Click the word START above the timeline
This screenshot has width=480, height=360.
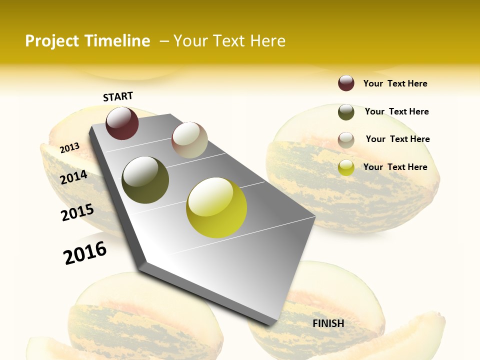point(118,96)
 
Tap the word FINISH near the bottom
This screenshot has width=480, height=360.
point(328,323)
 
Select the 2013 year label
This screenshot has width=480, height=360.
point(69,147)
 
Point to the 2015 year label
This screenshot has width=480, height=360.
point(77,212)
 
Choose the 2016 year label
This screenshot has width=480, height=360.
point(85,252)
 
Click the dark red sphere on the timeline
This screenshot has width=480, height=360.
point(122,123)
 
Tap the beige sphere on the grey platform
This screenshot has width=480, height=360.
point(189,140)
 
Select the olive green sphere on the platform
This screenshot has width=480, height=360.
point(145,180)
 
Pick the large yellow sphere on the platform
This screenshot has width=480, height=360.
point(216,207)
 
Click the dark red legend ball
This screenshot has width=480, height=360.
point(346,83)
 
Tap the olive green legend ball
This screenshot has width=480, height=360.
point(346,112)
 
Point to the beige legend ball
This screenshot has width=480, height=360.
point(346,140)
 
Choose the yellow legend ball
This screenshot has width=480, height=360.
point(346,167)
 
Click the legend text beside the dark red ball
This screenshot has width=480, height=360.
point(395,83)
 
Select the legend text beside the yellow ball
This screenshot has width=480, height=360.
point(395,167)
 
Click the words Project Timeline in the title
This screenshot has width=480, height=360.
point(87,41)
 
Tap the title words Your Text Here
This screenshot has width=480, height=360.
point(229,41)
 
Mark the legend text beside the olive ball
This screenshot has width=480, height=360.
point(396,111)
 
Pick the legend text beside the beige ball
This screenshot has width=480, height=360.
point(397,139)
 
